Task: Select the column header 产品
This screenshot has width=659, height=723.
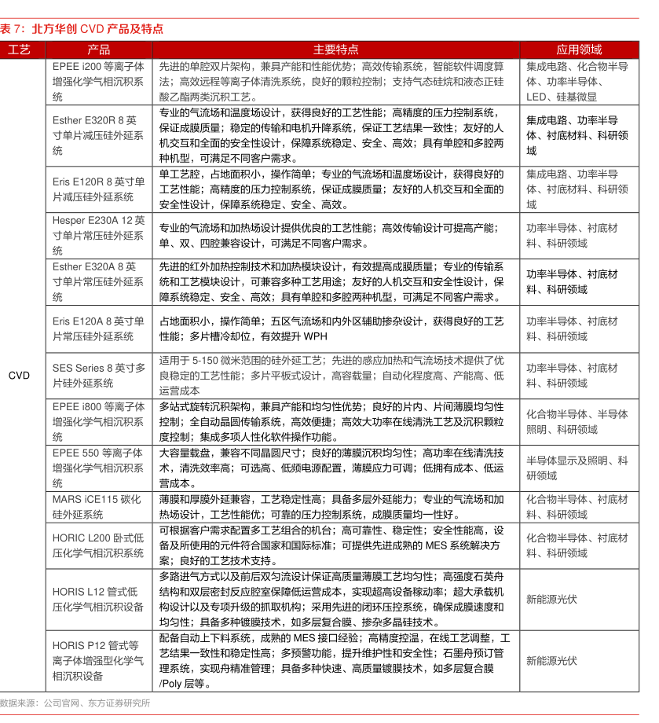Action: tap(99, 50)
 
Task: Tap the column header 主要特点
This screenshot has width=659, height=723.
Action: tap(336, 50)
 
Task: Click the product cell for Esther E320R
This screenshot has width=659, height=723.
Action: tap(99, 135)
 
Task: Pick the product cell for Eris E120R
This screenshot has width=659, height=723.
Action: tap(99, 189)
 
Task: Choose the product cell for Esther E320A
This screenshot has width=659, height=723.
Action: tap(99, 282)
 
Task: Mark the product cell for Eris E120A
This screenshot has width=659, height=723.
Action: tap(99, 328)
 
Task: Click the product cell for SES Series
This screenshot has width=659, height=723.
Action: tap(99, 376)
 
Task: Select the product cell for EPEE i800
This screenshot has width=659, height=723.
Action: tap(99, 422)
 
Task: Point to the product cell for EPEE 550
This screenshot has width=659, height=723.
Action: tap(99, 468)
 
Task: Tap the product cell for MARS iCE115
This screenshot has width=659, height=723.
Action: tap(99, 507)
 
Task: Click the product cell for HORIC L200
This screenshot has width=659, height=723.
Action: tap(99, 545)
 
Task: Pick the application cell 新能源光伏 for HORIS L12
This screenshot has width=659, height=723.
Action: tap(551, 599)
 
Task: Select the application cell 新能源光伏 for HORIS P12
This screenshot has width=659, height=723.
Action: tap(551, 661)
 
